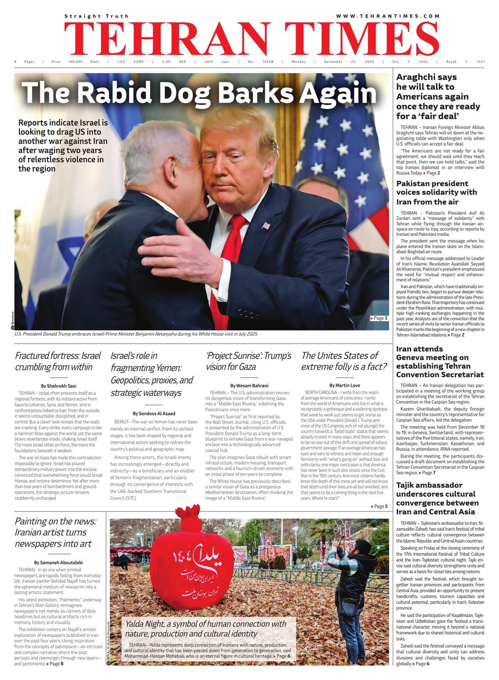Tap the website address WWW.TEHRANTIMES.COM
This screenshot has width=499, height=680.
pos(388,16)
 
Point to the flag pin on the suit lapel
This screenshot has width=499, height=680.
pos(266,225)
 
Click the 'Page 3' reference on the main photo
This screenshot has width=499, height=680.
pos(378,318)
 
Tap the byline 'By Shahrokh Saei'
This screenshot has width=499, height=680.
pos(58,385)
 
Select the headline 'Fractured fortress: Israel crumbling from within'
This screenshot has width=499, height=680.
pos(57,361)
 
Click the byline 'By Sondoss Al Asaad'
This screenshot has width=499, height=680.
pos(153,413)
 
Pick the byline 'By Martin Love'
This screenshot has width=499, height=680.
pos(344,385)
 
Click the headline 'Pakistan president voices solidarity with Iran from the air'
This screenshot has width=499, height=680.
pos(436,192)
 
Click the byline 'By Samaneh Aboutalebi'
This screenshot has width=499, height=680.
pos(58,562)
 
